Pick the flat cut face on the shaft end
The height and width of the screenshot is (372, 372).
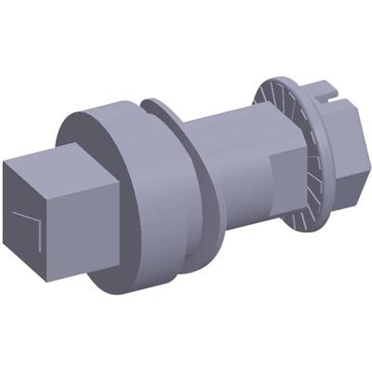coord(284,181)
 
